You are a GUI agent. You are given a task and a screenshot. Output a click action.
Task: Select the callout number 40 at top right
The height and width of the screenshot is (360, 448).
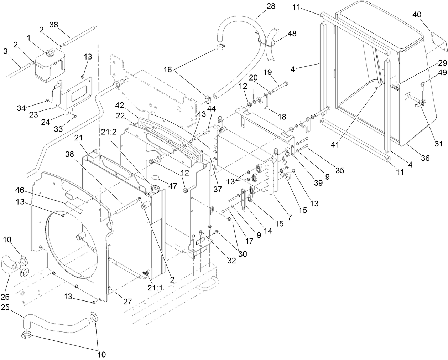[417, 15]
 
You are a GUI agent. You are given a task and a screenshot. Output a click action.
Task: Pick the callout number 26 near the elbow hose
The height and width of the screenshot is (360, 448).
[6, 297]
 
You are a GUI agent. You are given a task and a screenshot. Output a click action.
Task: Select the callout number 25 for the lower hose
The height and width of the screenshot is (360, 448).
[5, 307]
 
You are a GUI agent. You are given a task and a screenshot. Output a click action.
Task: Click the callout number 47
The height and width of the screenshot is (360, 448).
[172, 186]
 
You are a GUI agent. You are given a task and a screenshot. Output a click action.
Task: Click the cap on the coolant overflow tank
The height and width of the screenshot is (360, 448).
[48, 53]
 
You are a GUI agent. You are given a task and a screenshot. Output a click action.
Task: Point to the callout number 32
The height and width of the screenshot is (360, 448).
[231, 261]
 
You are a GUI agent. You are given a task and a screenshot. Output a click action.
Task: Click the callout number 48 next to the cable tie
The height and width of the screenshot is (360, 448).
[292, 34]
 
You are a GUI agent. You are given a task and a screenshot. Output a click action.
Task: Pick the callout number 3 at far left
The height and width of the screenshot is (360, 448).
[5, 52]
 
